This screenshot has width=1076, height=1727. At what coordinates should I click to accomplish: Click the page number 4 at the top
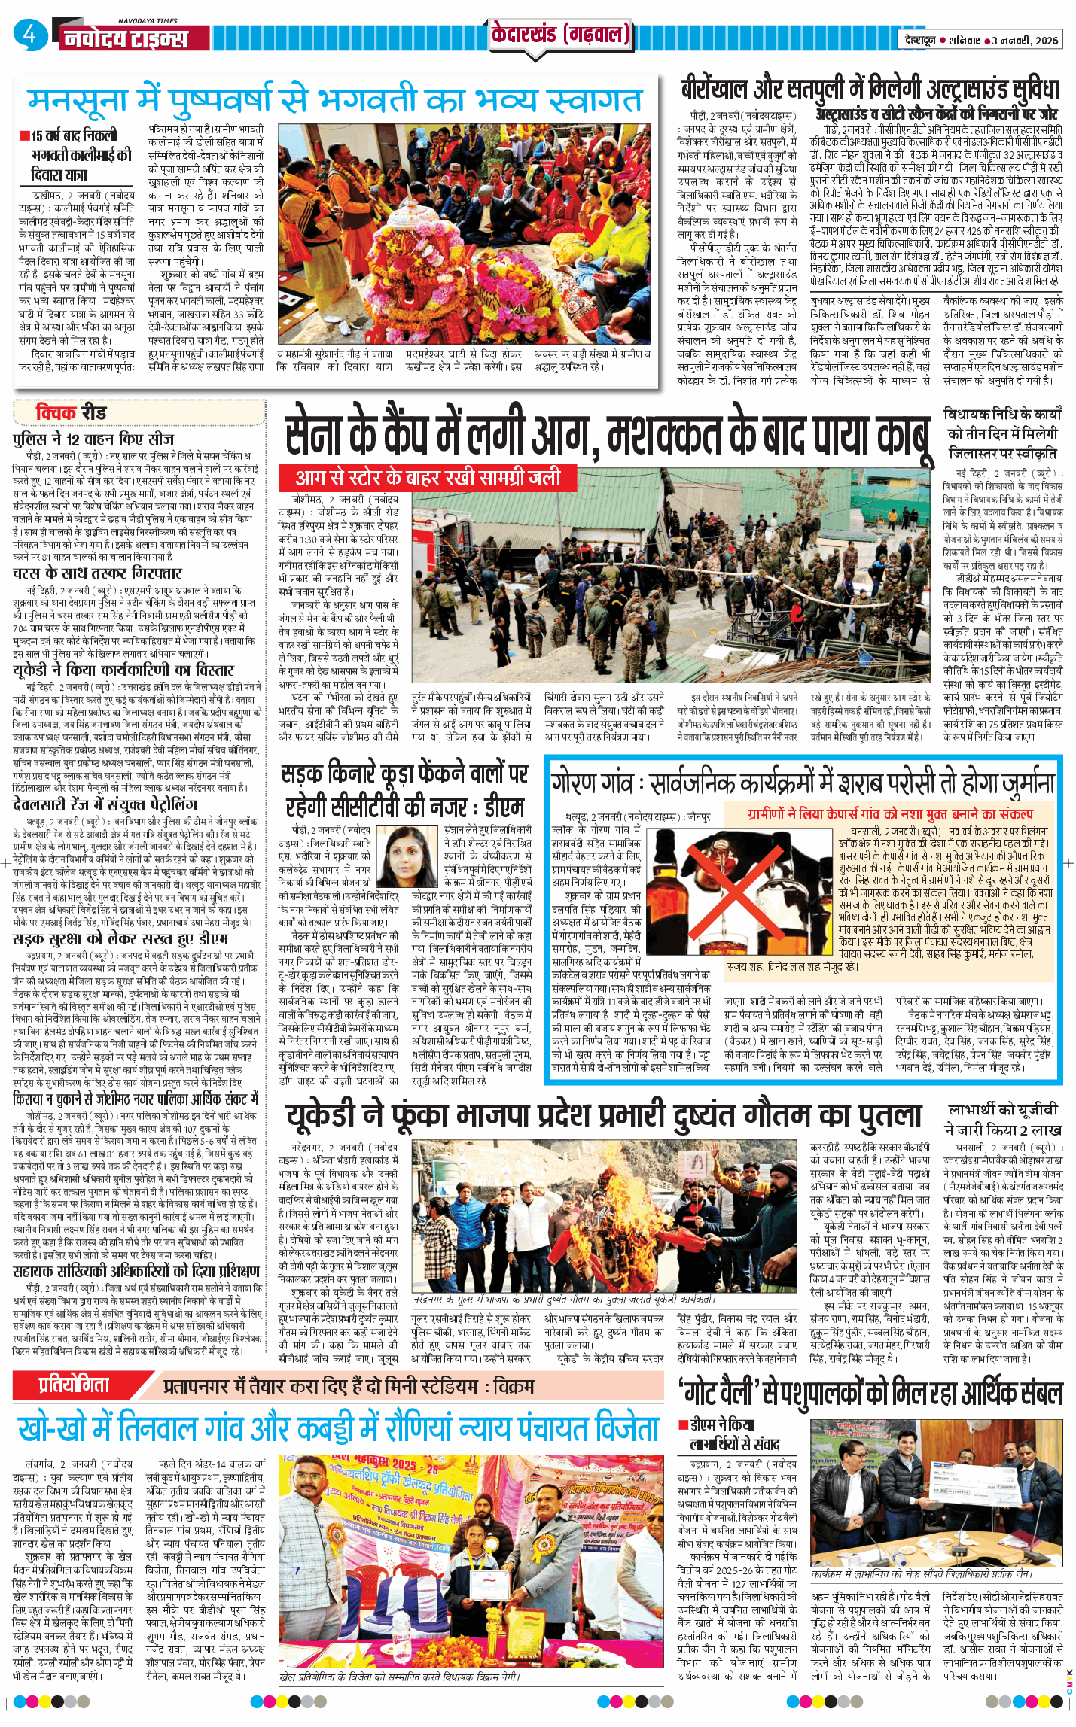click(29, 35)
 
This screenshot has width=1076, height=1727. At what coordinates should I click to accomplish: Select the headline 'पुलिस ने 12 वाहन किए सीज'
click(93, 439)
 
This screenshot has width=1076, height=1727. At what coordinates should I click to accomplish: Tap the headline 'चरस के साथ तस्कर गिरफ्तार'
click(97, 573)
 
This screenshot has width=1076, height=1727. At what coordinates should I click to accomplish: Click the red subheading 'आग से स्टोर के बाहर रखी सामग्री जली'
click(428, 478)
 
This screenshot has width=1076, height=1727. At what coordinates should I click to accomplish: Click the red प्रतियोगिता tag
click(74, 1384)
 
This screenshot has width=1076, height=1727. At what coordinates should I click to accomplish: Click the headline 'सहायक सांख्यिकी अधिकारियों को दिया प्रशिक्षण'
click(136, 1272)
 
